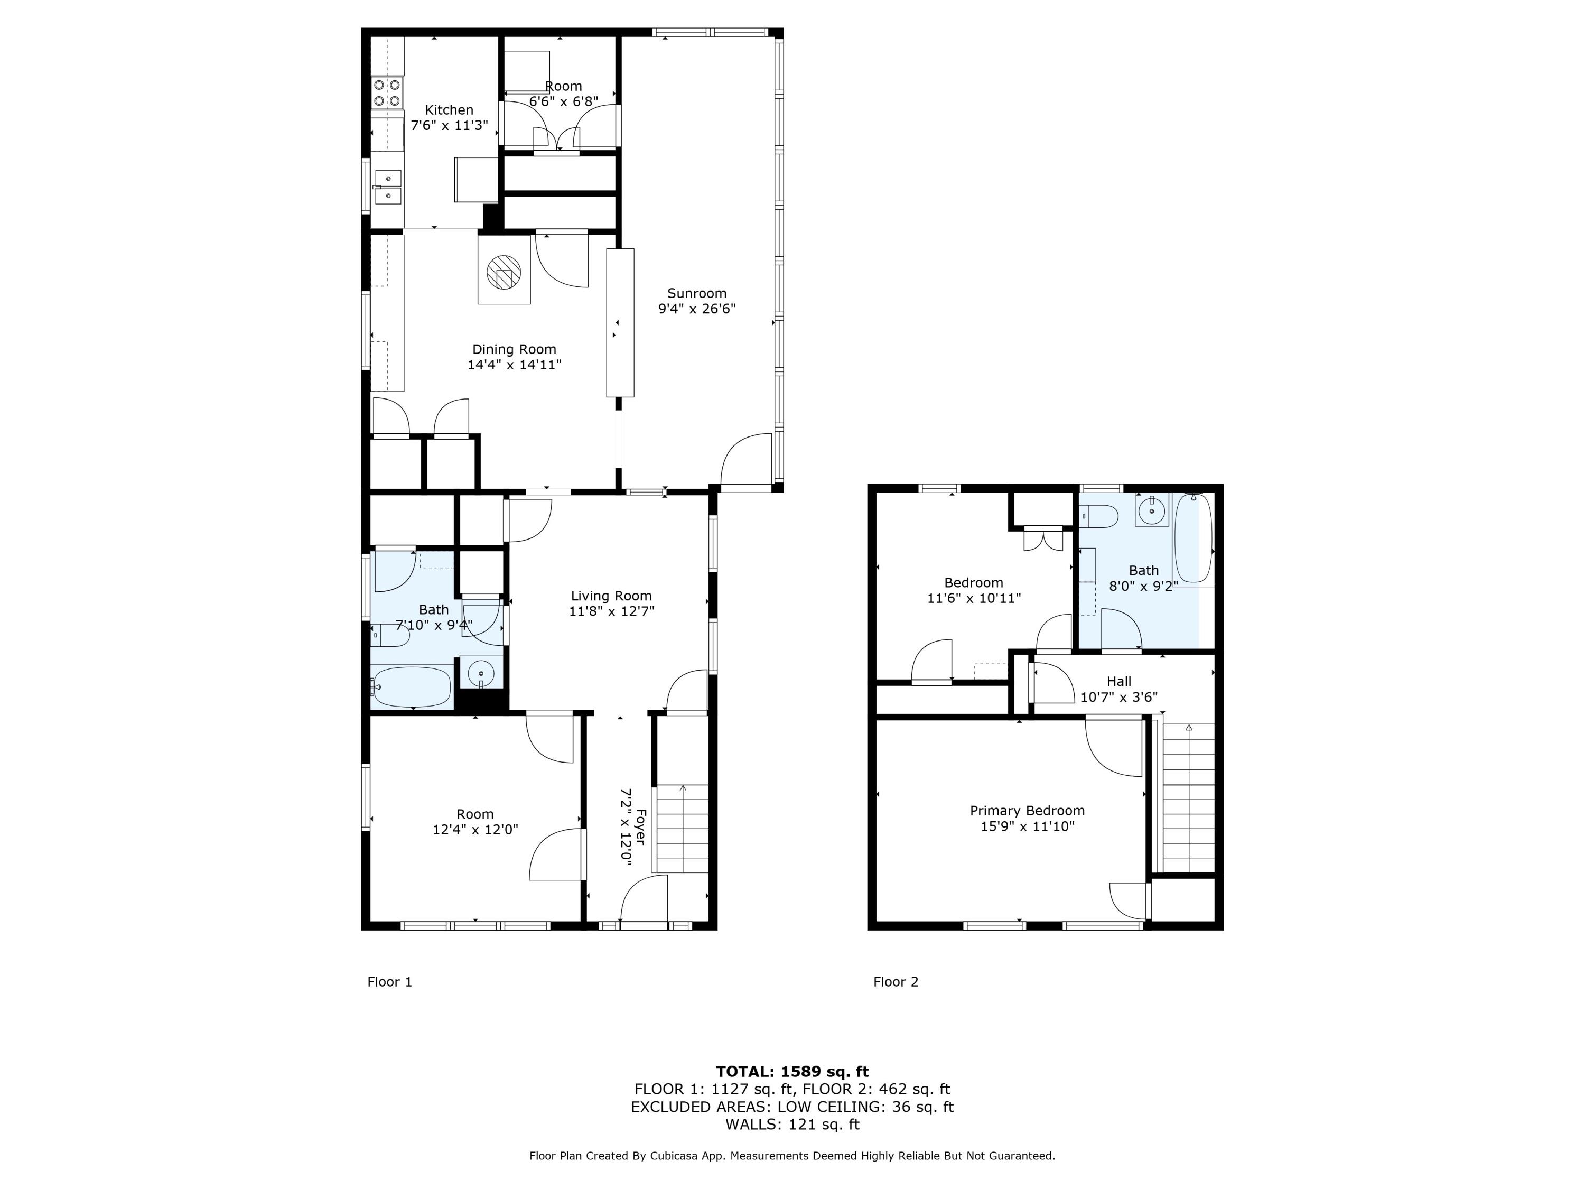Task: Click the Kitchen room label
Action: coord(449,110)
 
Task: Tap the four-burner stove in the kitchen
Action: coord(387,93)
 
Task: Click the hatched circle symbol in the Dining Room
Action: coord(504,272)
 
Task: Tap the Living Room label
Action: coord(611,596)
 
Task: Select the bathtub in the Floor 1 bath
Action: coord(412,686)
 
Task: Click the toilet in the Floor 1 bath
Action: coord(390,635)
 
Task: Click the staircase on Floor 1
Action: coord(682,828)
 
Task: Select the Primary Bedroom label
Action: coord(1027,811)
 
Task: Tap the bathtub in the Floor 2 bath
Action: coord(1192,537)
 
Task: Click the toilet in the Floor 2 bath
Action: coord(1100,515)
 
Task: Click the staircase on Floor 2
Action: coord(1188,795)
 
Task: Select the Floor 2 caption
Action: coord(895,982)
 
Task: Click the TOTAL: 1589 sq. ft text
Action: coord(792,1072)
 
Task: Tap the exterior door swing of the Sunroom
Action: coord(745,460)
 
